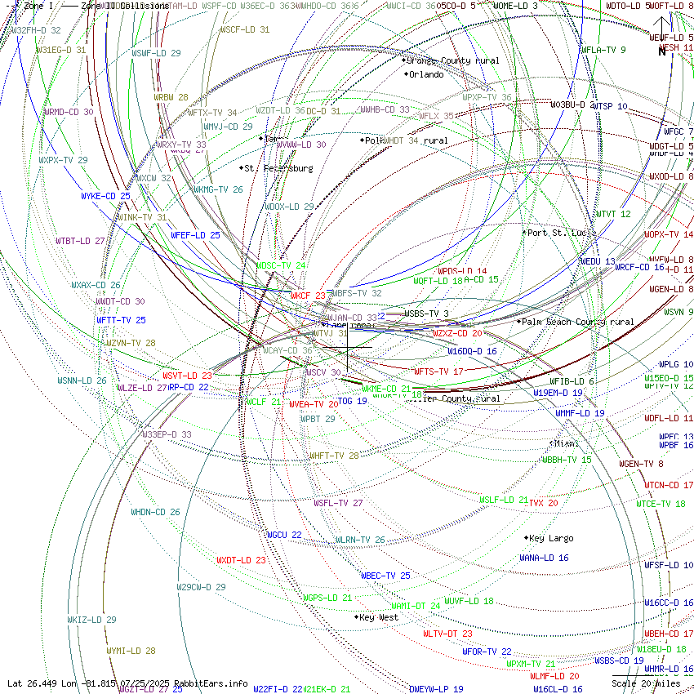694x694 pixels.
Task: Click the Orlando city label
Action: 426,74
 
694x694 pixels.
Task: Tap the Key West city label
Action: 379,617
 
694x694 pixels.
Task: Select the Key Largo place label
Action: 551,538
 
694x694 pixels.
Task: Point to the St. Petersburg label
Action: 278,168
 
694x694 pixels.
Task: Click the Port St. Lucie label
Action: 558,233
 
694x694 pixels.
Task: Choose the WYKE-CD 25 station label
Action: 105,196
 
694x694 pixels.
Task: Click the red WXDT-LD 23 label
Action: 241,560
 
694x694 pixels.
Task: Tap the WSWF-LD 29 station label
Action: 156,53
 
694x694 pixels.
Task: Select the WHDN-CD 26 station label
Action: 155,512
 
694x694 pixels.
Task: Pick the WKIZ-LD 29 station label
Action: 91,620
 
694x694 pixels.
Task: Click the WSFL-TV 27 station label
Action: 338,503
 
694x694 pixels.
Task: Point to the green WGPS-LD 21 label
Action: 327,598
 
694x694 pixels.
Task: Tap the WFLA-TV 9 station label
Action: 603,50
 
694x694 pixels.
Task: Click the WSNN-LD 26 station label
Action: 82,380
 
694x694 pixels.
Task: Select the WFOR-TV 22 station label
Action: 487,652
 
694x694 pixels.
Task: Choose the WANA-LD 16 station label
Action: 544,558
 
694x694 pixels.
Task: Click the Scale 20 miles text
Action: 646,683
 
